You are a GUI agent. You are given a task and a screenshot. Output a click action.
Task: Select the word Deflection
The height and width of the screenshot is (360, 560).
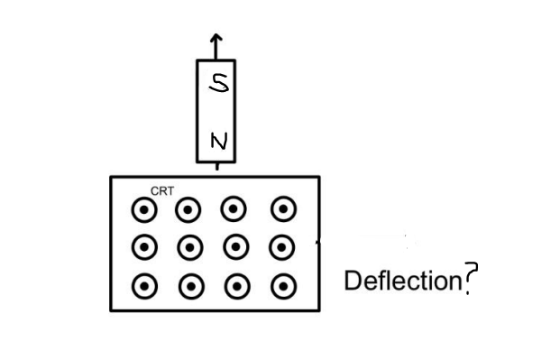click(x=402, y=281)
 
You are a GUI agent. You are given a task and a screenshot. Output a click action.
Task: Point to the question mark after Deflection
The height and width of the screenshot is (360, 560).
click(x=467, y=282)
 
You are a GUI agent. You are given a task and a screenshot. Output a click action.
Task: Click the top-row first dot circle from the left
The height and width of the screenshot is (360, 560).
click(x=142, y=211)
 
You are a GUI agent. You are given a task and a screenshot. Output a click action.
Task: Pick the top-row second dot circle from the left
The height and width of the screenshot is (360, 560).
click(x=188, y=211)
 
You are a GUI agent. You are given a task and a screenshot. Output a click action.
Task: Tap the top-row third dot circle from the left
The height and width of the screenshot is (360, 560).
click(x=235, y=210)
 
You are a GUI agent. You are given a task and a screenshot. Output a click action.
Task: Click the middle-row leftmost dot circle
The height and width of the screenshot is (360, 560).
click(x=142, y=245)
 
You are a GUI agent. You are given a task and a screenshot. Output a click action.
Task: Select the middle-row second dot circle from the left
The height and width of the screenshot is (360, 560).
click(x=189, y=245)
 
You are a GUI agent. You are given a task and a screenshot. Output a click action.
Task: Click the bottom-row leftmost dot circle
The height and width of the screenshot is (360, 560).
click(x=142, y=287)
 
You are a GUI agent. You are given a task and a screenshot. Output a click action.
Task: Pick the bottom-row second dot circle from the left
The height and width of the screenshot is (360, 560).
click(x=189, y=287)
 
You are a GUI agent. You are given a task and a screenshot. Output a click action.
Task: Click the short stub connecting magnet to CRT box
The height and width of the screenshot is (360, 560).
click(x=216, y=169)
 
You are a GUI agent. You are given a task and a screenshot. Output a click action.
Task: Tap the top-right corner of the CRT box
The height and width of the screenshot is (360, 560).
click(x=318, y=176)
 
